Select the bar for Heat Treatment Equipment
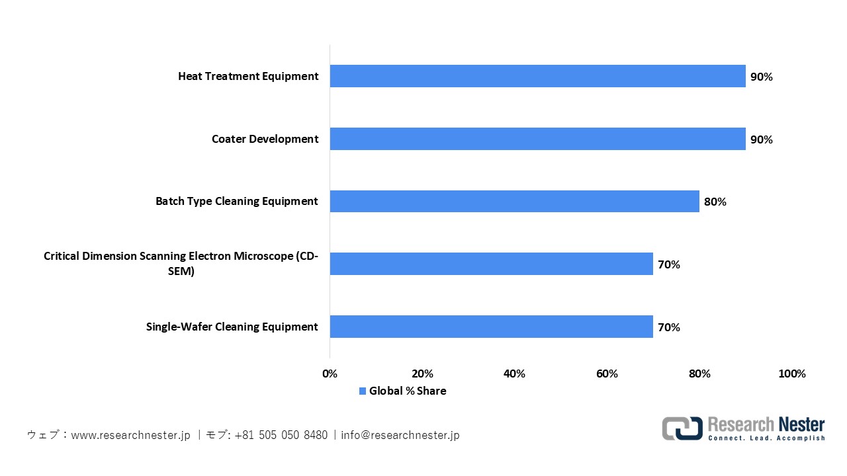[x=537, y=76]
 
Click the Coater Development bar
[x=537, y=139]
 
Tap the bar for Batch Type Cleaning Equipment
[x=514, y=201]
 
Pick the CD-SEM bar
[x=491, y=264]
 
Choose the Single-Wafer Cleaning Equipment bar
[x=491, y=327]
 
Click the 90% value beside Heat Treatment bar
[x=761, y=77]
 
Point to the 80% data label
[x=715, y=202]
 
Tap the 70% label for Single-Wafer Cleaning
[x=668, y=327]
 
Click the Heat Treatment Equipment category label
[x=248, y=76]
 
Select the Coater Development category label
[x=265, y=139]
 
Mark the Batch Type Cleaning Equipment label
[x=236, y=201]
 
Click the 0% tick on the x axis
[x=330, y=374]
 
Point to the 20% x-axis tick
[x=422, y=374]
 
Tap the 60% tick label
[x=607, y=374]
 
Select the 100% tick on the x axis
[x=792, y=374]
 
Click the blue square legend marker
[x=362, y=391]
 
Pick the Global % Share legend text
[x=408, y=391]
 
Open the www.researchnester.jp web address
[x=131, y=435]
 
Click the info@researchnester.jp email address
[x=400, y=435]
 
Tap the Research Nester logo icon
[x=682, y=428]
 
